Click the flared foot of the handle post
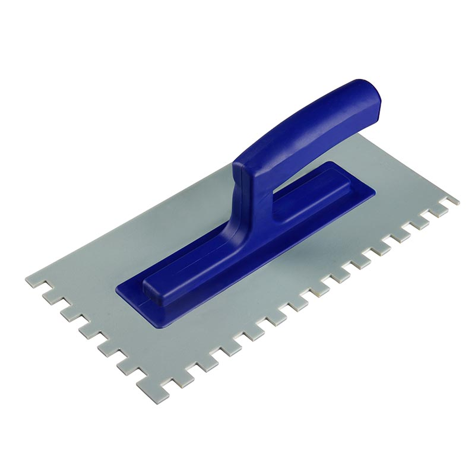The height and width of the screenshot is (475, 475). (x=237, y=237)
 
